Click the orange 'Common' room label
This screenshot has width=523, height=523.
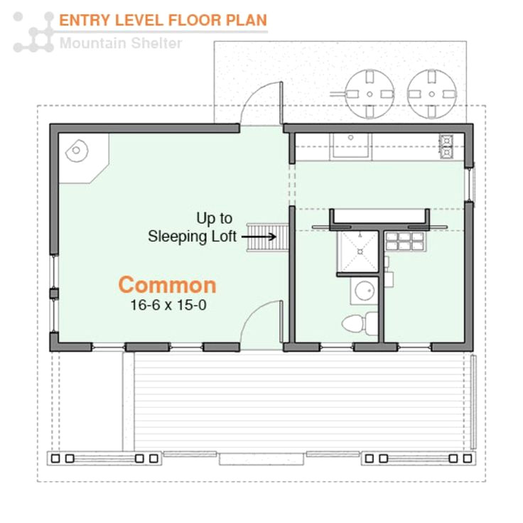click(167, 285)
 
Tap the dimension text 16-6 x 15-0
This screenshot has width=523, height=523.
click(167, 306)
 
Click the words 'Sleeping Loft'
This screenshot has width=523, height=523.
click(192, 237)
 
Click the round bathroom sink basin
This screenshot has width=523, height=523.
click(365, 291)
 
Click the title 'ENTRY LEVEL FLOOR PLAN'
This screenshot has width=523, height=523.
click(163, 20)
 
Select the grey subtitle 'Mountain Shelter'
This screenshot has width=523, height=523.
click(121, 43)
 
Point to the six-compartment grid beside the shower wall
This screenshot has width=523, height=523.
click(404, 242)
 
